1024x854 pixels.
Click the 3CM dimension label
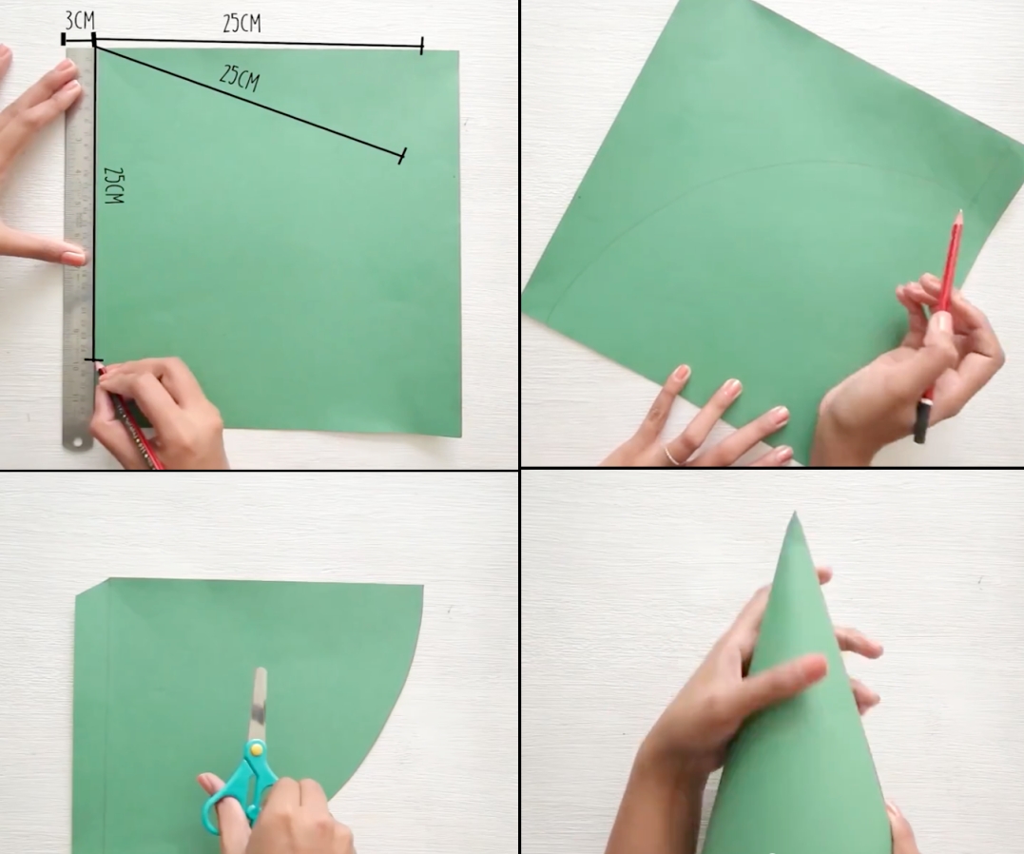79,20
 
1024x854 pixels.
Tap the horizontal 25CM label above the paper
242,23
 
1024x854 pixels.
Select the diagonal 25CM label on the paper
239,78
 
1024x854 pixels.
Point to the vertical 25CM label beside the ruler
114,185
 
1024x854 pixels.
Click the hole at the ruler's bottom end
78,442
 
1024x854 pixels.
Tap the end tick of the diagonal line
402,156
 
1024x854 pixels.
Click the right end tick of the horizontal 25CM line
422,45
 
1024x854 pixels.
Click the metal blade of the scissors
258,704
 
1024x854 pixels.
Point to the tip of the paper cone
794,513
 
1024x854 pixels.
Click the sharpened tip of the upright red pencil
960,212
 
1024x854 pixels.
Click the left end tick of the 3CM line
64,39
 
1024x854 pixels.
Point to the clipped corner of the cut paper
91,587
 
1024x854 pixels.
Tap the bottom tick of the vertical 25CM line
94,359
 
